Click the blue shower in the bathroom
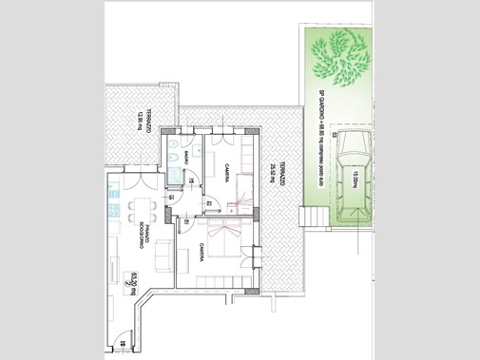pos(175,175)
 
